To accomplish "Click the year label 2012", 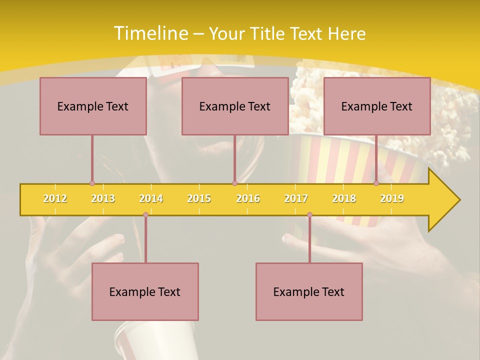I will pos(55,198).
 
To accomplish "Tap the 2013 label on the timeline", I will pos(103,198).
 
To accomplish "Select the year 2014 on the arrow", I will pos(151,198).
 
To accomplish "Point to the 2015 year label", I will pos(199,198).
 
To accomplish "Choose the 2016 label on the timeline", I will pos(248,198).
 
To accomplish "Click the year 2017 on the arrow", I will pos(296,198).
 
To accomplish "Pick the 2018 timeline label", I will pos(344,198).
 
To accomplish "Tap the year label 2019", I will pos(392,198).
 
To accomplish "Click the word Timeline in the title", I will pos(149,33).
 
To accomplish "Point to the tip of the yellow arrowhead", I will pos(459,200).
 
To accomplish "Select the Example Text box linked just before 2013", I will pos(93,106).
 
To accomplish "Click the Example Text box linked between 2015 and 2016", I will pos(235,106).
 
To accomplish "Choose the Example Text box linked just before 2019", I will pos(377,106).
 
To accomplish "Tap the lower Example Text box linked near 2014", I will pos(145,291).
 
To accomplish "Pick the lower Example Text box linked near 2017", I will pos(309,291).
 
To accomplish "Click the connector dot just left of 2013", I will pos(92,183).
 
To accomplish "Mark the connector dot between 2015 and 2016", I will pos(234,183).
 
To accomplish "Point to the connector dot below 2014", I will pos(145,215).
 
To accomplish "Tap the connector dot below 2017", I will pos(309,215).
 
